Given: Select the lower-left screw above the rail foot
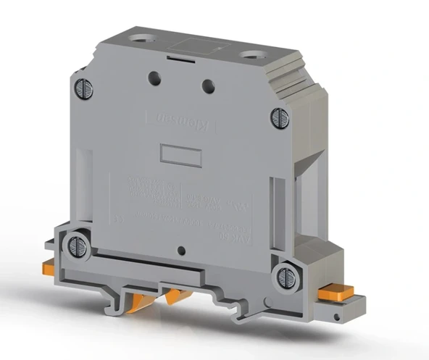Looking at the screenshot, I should coord(75,246).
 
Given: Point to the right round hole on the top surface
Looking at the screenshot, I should coord(254,54).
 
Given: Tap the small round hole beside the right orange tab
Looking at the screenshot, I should coord(337,312).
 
